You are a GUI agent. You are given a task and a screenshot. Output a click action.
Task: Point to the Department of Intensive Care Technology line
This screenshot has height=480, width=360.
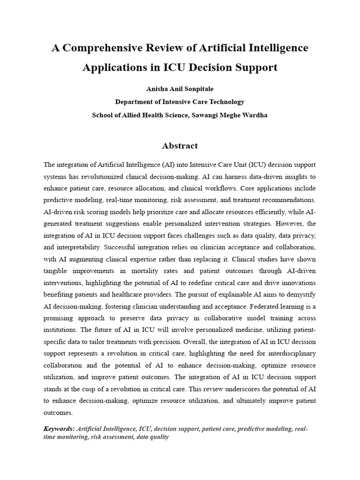coord(180,102)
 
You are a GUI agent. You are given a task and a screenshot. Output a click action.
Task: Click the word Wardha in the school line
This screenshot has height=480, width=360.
coord(256,115)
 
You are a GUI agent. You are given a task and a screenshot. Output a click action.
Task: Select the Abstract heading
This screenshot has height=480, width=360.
coord(180,146)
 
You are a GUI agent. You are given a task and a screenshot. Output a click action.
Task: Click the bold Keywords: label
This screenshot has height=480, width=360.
coord(59,428)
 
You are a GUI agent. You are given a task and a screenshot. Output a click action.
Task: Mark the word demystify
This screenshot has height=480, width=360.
coord(300,295)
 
